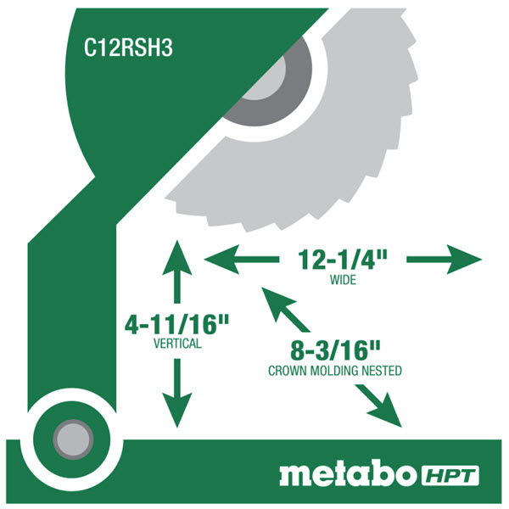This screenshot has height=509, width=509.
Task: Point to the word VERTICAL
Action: [177, 344]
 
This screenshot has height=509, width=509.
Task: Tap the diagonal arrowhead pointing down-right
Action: [387, 412]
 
